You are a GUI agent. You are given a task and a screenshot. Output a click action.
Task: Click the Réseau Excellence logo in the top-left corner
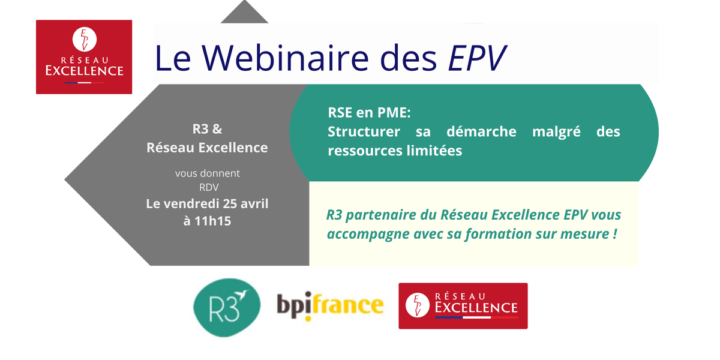click(x=84, y=57)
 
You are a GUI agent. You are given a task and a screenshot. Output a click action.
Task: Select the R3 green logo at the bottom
click(x=227, y=305)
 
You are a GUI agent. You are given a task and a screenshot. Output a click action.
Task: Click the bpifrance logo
click(x=329, y=305)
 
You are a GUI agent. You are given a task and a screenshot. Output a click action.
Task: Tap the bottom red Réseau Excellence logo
click(x=463, y=306)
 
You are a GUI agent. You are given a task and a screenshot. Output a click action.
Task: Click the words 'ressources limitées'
click(x=395, y=151)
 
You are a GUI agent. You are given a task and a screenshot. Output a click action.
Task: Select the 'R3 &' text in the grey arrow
click(x=207, y=128)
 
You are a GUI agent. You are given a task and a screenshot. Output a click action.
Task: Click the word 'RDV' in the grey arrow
click(x=208, y=187)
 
